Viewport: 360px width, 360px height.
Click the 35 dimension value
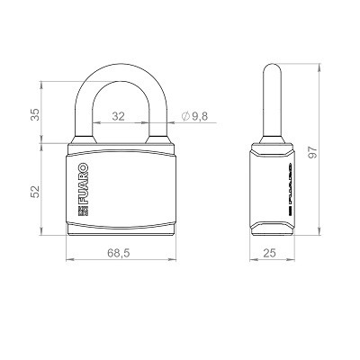coord(35,114)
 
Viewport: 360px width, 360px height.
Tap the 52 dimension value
coord(35,192)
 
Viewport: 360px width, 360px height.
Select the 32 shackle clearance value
coord(118,116)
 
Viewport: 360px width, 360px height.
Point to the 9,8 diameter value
coord(200,116)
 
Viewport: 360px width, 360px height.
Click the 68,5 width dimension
coord(119,253)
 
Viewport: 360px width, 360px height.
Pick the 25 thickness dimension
coord(269,253)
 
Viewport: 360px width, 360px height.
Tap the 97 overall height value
coord(312,152)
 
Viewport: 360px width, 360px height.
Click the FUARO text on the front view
coord(83,184)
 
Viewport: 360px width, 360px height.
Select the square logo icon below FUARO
coord(83,211)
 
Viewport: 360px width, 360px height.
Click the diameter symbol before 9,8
coord(185,116)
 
